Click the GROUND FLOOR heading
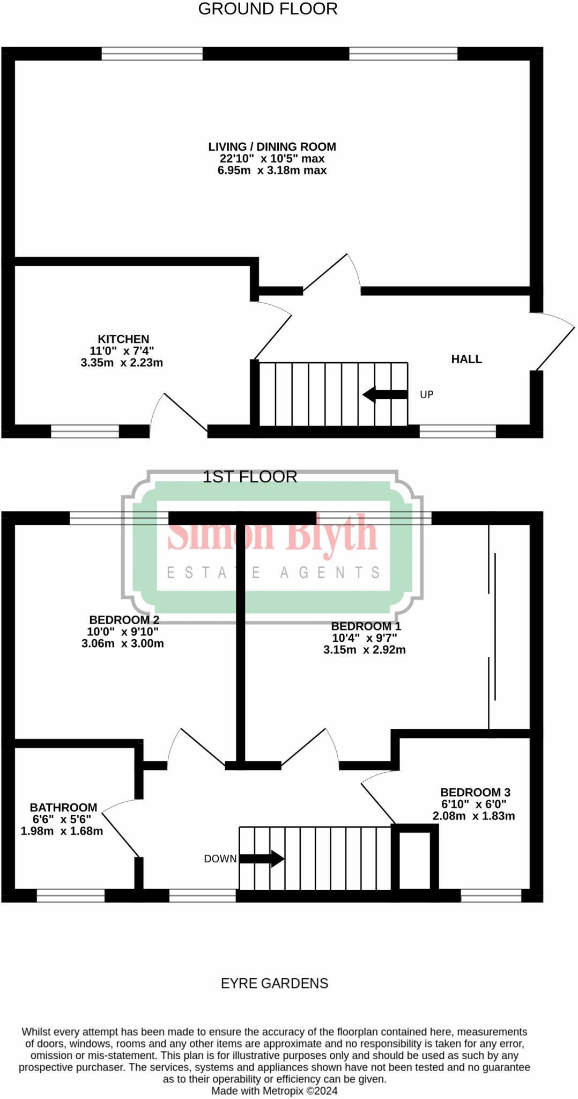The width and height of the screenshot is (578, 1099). click(x=268, y=9)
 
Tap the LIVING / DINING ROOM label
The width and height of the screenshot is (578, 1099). click(x=272, y=146)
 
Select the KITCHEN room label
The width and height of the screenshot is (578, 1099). click(x=123, y=339)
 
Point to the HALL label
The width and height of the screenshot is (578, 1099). click(x=466, y=359)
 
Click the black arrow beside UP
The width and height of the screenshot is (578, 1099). click(x=384, y=394)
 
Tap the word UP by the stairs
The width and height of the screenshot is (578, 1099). click(x=426, y=394)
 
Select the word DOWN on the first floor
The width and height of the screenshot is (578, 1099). click(x=220, y=859)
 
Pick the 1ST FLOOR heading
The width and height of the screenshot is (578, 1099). click(x=250, y=477)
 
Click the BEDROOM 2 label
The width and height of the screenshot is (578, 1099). click(x=124, y=620)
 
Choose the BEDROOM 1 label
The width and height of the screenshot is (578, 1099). click(x=366, y=626)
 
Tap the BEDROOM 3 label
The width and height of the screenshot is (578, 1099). click(x=475, y=792)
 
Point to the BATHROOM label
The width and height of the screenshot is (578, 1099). click(x=63, y=808)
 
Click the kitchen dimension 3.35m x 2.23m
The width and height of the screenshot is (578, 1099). click(x=122, y=363)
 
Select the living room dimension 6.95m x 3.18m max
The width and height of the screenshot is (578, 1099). click(x=272, y=171)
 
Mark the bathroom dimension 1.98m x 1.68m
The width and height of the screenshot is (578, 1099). click(x=62, y=831)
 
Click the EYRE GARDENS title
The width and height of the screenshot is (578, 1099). click(x=275, y=983)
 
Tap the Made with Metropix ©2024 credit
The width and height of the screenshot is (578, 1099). click(x=274, y=1091)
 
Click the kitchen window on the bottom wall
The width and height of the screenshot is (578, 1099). click(x=85, y=431)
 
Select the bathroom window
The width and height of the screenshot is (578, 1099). click(x=70, y=895)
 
